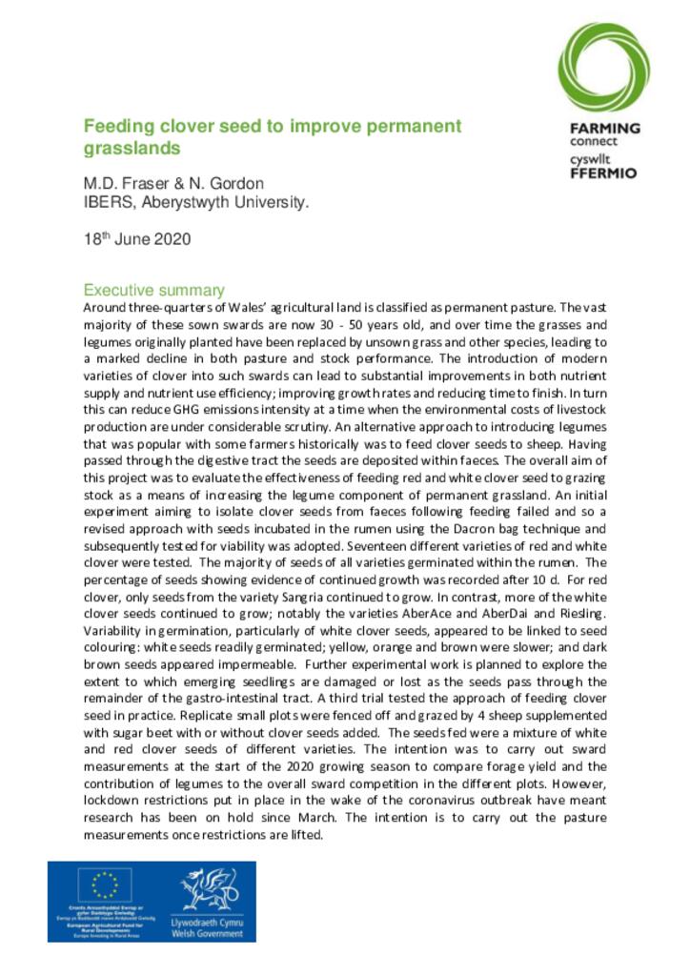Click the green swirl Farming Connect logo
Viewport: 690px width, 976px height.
(x=604, y=67)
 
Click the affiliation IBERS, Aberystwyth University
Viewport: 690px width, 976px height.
(x=195, y=202)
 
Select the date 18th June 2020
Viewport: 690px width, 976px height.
(x=137, y=238)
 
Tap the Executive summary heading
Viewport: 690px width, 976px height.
(x=153, y=290)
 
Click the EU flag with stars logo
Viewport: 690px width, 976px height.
(x=105, y=885)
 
